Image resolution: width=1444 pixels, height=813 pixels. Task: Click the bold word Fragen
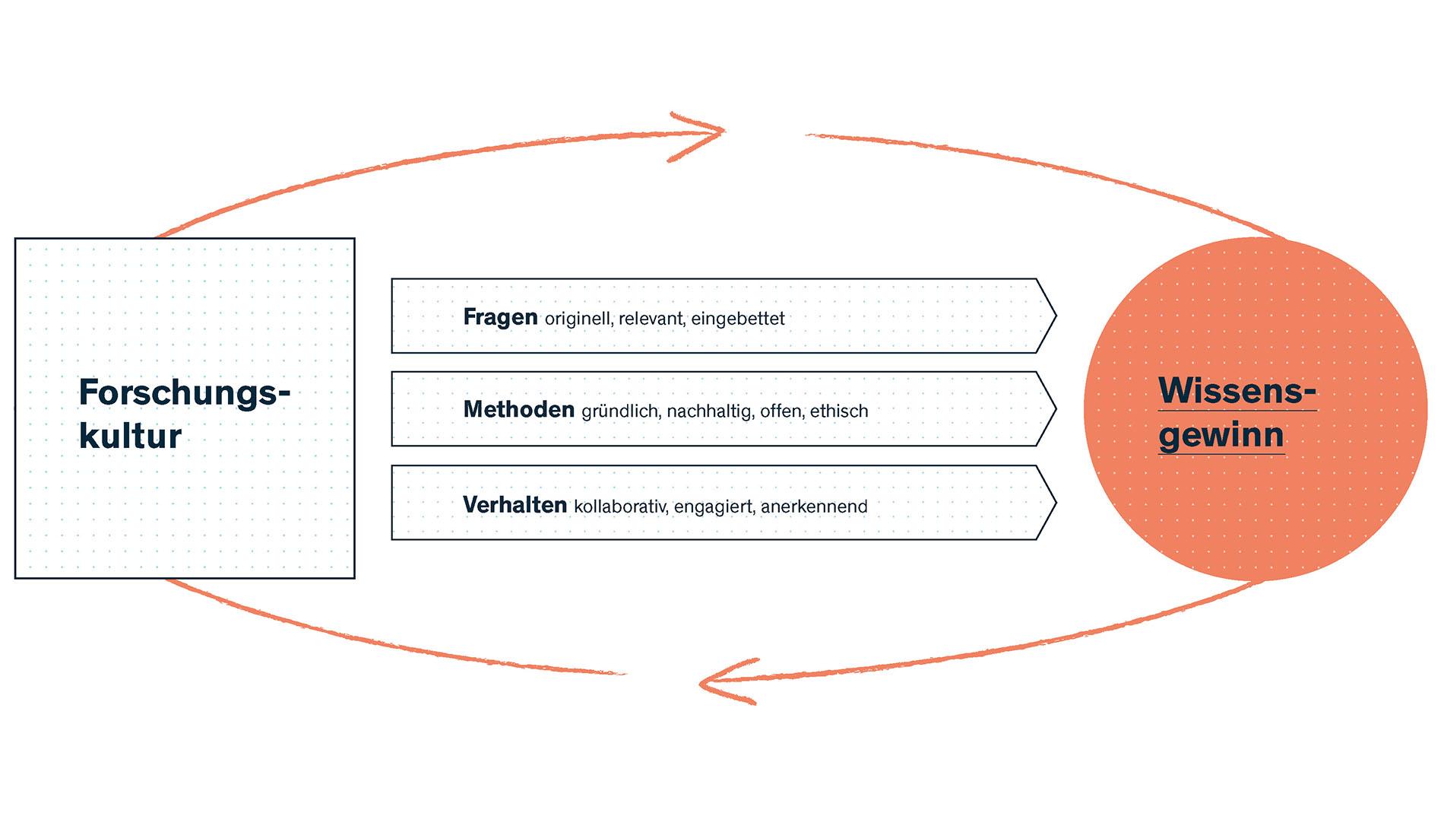pyautogui.click(x=500, y=317)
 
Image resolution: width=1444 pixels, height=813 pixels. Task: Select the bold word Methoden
pyautogui.click(x=518, y=410)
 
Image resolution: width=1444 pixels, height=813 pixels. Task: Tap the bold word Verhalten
pyautogui.click(x=515, y=505)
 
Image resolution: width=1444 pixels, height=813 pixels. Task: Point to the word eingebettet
pyautogui.click(x=737, y=319)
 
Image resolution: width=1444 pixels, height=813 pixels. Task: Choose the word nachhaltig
pyautogui.click(x=710, y=411)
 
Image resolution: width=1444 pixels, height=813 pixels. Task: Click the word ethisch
pyautogui.click(x=838, y=411)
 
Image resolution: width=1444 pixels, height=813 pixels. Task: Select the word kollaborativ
pyautogui.click(x=619, y=507)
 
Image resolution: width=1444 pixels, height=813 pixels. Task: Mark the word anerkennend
pyautogui.click(x=814, y=507)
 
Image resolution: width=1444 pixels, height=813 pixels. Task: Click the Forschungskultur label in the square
pyautogui.click(x=184, y=414)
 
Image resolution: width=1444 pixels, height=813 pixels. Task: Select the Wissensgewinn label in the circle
pyautogui.click(x=1237, y=412)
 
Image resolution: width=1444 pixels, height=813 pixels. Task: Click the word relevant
pyautogui.click(x=651, y=319)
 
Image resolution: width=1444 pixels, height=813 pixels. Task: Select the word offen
pyautogui.click(x=781, y=411)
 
